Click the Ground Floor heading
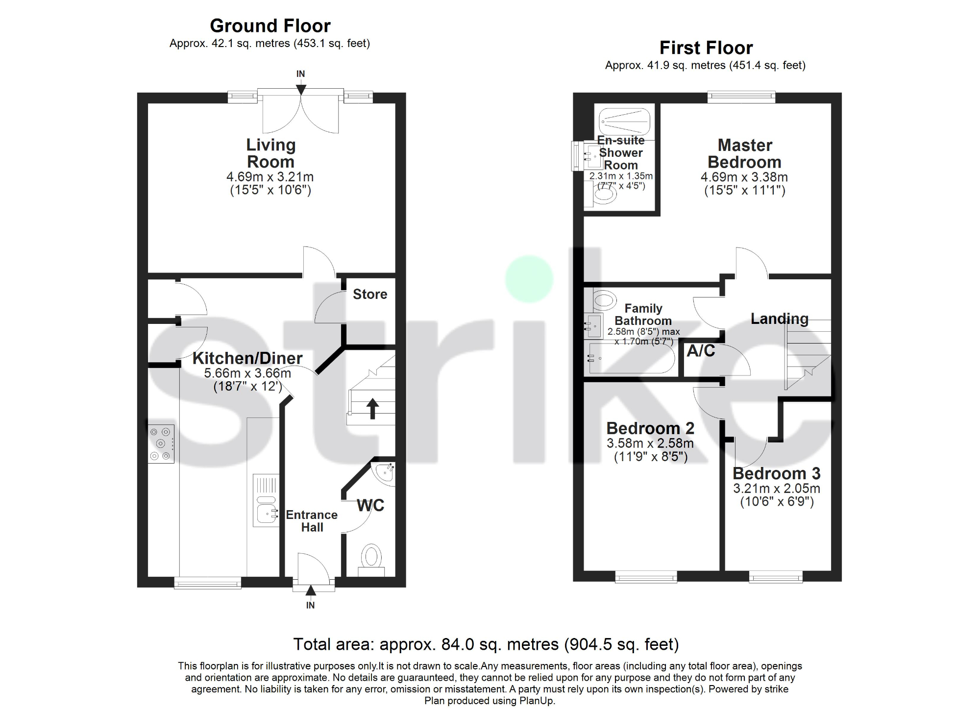click(x=270, y=25)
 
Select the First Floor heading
click(x=706, y=48)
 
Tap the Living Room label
click(x=270, y=153)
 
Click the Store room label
click(x=370, y=294)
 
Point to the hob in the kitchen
click(x=161, y=443)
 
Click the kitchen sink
click(x=266, y=500)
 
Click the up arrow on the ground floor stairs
click(x=372, y=409)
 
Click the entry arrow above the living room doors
click(x=301, y=89)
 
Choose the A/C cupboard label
click(x=701, y=350)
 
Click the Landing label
click(x=780, y=319)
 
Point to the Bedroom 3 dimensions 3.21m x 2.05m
click(x=777, y=488)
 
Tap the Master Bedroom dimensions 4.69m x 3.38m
click(x=744, y=177)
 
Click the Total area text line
click(x=486, y=644)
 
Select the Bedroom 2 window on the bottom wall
click(x=646, y=577)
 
